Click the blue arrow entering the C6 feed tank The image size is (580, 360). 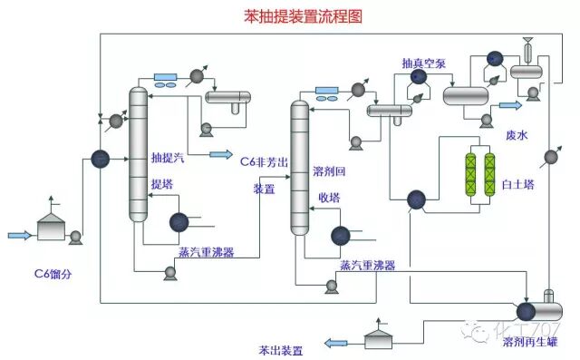pos(21,236)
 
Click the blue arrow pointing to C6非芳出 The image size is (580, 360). pos(220,155)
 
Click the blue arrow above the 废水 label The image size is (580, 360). pos(512,105)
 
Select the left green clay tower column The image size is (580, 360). pos(469,170)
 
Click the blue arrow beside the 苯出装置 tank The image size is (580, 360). pos(336,342)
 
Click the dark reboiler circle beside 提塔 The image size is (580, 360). pos(179,221)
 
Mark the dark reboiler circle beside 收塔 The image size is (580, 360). pos(341,236)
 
